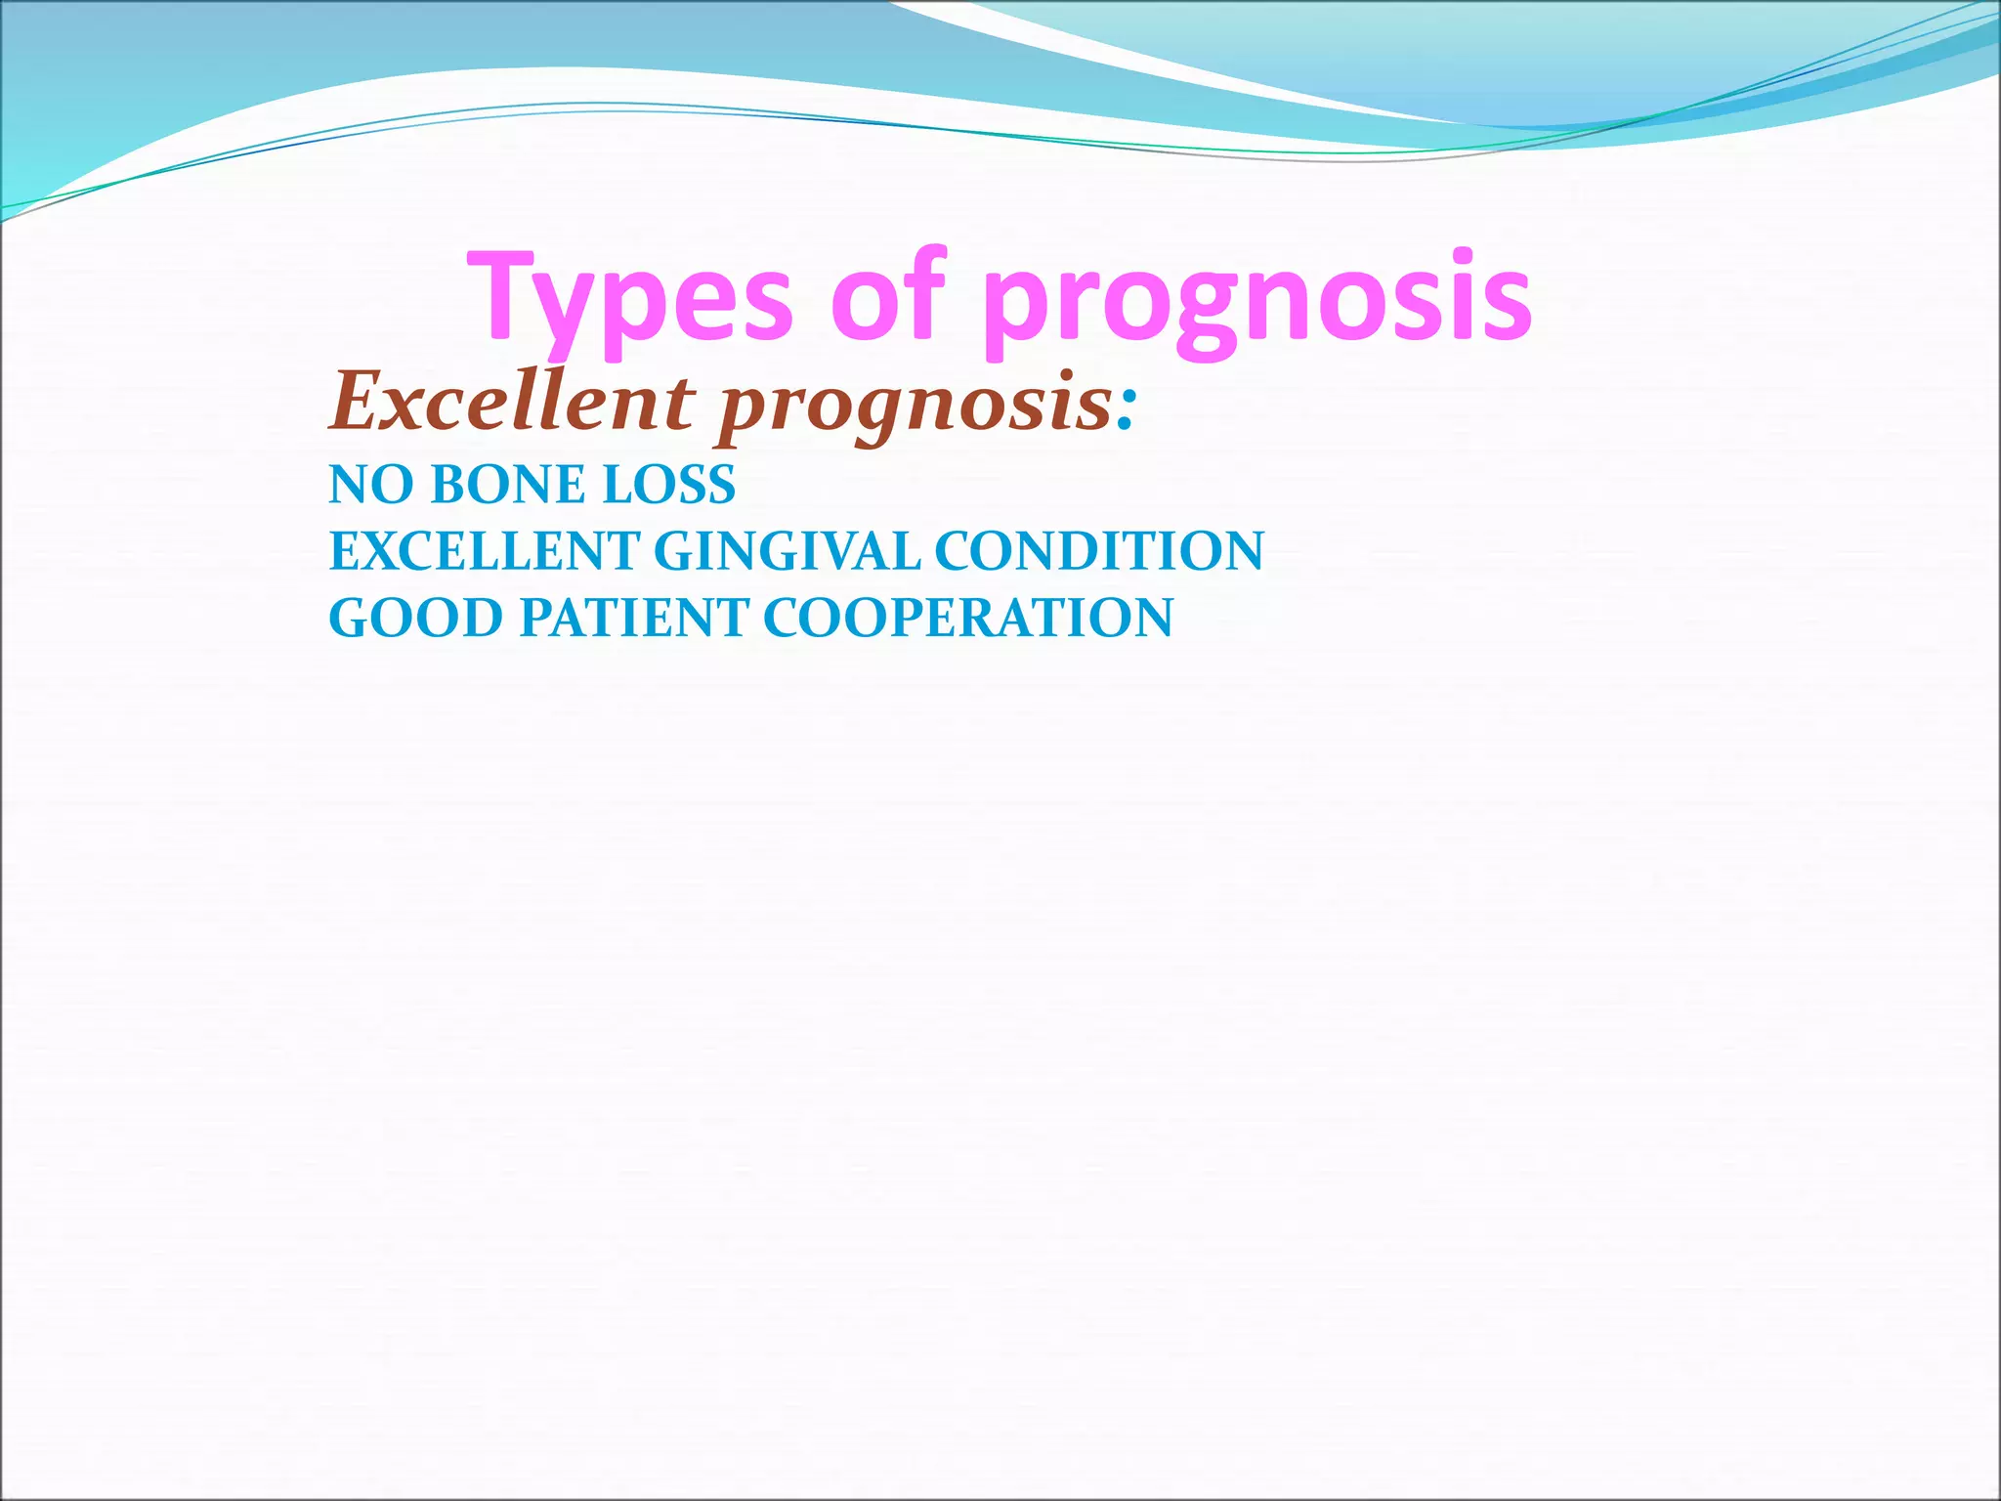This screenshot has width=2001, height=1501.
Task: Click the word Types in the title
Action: tap(630, 298)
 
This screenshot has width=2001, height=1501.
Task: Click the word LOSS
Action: tap(669, 485)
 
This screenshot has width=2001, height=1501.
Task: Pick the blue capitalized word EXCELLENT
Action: tap(484, 551)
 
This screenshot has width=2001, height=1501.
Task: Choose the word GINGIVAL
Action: tap(787, 551)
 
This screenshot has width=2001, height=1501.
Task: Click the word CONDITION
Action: tap(1099, 551)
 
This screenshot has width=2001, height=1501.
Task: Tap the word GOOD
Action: tap(415, 618)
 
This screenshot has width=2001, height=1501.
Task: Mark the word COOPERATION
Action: tap(967, 618)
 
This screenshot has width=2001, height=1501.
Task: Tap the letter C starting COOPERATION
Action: tap(782, 618)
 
